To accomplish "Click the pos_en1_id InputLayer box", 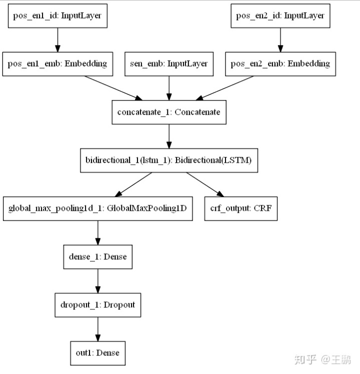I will coord(57,16).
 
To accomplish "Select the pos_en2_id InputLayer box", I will coord(280,16).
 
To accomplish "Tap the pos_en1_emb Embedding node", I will coord(57,64).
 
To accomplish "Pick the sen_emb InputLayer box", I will coord(169,64).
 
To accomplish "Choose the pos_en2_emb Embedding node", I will coord(280,64).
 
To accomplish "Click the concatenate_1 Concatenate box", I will coord(168,112).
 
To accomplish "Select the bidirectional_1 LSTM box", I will coord(169,160).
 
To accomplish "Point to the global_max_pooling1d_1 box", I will coord(97,208).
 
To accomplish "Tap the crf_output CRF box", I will coord(240,208).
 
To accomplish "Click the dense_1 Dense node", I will coord(97,257).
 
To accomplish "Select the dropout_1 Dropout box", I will coord(97,305).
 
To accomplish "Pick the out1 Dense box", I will coord(97,352).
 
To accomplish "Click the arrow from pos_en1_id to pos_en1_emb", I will coord(57,40).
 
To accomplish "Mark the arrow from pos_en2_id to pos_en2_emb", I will coord(280,40).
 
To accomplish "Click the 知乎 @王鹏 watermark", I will coord(322,359).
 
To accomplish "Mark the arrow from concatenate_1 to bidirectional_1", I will coord(169,136).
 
